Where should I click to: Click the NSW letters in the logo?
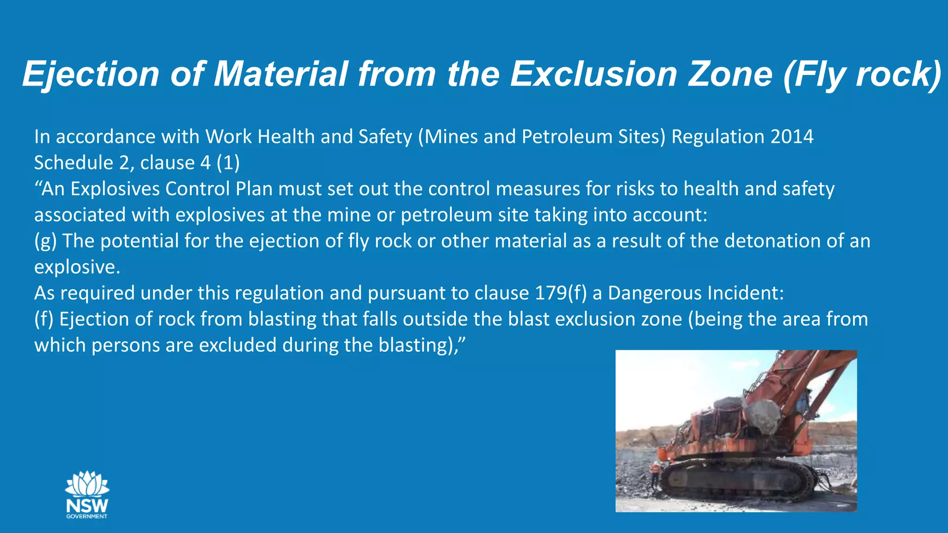click(87, 505)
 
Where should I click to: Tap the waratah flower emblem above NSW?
click(87, 484)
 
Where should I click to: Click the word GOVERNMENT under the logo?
click(87, 516)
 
